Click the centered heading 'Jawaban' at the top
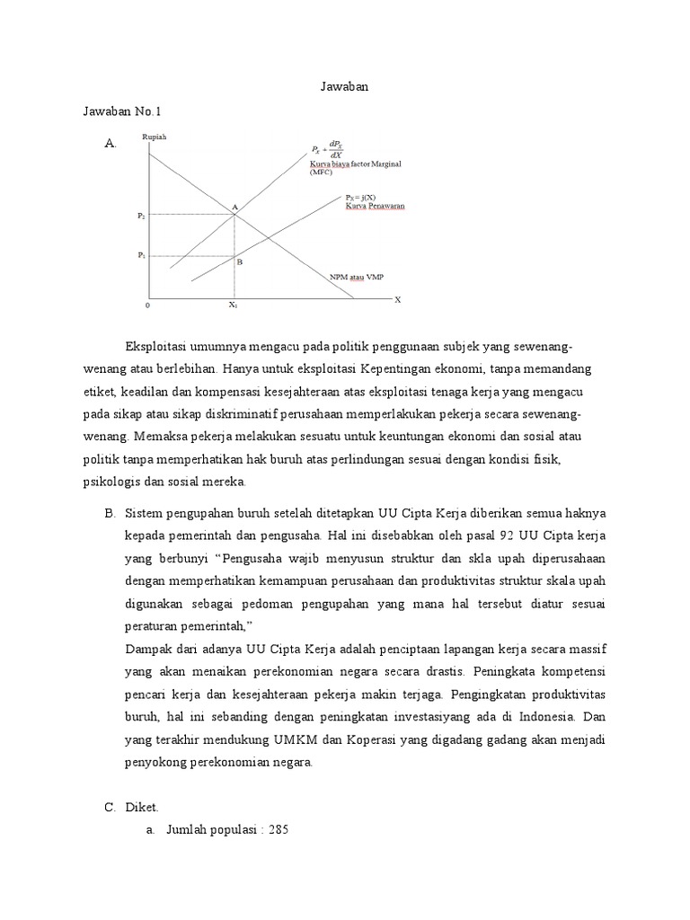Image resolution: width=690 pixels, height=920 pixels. point(344,87)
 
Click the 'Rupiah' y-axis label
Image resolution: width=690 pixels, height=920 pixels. point(155,137)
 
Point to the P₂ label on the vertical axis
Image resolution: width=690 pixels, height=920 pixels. point(141,216)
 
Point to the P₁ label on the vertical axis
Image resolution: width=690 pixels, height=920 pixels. point(141,255)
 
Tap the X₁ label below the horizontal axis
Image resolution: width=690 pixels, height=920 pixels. point(233,305)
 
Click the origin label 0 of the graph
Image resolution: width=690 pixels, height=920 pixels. point(148,305)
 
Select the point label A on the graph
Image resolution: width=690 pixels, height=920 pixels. point(234,207)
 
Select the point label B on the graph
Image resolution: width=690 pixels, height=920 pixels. point(240,262)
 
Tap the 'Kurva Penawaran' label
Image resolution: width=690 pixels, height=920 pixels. point(375,206)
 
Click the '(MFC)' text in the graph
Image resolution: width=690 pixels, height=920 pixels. point(322,172)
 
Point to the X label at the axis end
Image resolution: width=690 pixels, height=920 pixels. point(398,300)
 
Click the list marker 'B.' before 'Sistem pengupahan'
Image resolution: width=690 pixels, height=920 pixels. point(111,513)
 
